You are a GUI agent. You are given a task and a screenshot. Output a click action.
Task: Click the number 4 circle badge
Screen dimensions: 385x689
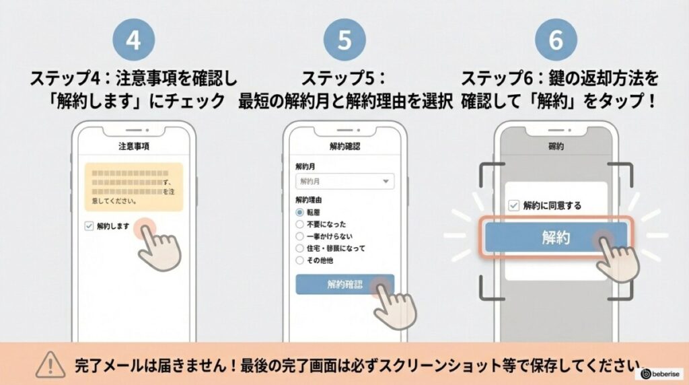click(133, 40)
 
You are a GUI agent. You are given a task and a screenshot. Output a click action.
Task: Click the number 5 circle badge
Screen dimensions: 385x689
click(344, 40)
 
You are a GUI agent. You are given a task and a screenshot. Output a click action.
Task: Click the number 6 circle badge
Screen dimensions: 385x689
click(556, 40)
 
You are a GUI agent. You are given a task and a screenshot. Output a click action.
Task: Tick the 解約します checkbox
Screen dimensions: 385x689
click(89, 226)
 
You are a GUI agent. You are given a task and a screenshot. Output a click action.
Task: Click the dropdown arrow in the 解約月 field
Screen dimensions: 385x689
click(386, 181)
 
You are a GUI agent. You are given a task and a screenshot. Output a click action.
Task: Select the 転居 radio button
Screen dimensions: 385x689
click(300, 212)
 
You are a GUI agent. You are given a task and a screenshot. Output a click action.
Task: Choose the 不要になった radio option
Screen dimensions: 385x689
click(300, 224)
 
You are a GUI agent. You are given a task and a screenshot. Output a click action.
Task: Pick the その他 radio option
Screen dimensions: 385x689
click(300, 260)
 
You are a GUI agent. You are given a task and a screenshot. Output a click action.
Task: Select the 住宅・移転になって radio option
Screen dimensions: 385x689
click(300, 248)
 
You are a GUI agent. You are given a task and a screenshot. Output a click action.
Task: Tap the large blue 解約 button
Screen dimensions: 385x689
click(556, 238)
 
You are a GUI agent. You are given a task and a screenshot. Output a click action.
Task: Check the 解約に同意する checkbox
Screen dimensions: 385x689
click(514, 205)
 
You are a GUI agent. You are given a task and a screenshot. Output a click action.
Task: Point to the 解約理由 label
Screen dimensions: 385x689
click(309, 200)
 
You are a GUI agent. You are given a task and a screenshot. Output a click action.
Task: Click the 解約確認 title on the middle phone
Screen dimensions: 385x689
click(344, 145)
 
